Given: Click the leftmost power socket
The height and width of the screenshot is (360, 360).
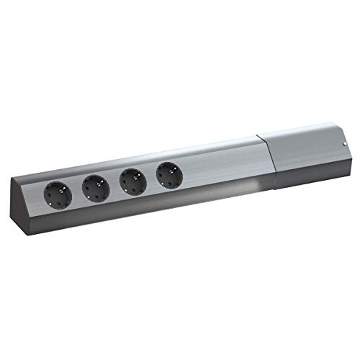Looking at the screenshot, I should point(58,192).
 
